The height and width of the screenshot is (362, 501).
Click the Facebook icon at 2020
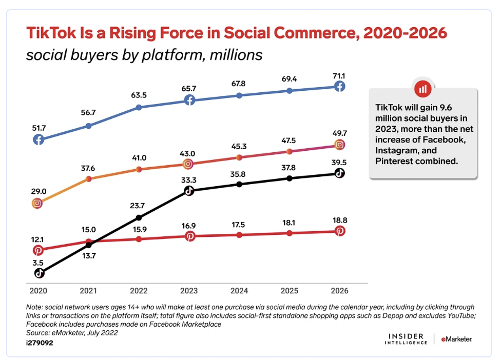click(38, 139)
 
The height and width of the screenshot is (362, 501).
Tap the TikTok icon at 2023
click(189, 191)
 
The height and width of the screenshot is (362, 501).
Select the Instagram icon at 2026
click(339, 145)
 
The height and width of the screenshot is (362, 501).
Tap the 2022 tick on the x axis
click(139, 291)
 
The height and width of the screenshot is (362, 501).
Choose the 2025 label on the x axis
click(289, 291)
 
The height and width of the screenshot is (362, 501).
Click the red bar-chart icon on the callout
click(423, 89)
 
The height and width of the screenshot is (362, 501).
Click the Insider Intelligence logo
click(406, 339)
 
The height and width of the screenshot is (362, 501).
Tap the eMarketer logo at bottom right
click(456, 339)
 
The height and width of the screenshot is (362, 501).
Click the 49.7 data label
click(339, 133)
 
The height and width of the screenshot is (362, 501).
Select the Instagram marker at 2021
click(89, 178)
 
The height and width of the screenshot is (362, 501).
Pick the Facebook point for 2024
click(239, 95)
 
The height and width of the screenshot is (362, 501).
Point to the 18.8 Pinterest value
click(339, 219)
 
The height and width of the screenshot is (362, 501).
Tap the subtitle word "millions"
click(236, 55)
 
